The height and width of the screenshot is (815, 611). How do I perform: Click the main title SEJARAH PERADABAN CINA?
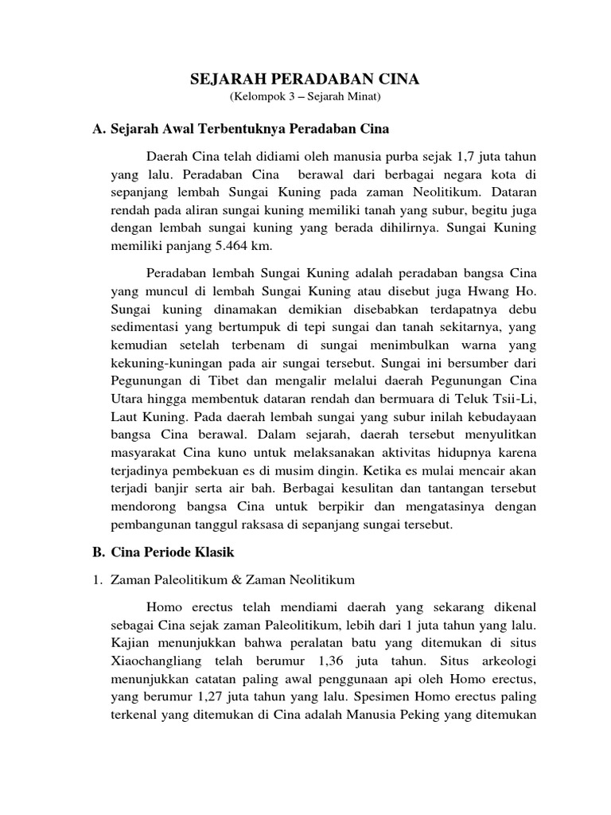[305, 80]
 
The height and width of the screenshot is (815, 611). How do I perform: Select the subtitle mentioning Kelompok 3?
[305, 98]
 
